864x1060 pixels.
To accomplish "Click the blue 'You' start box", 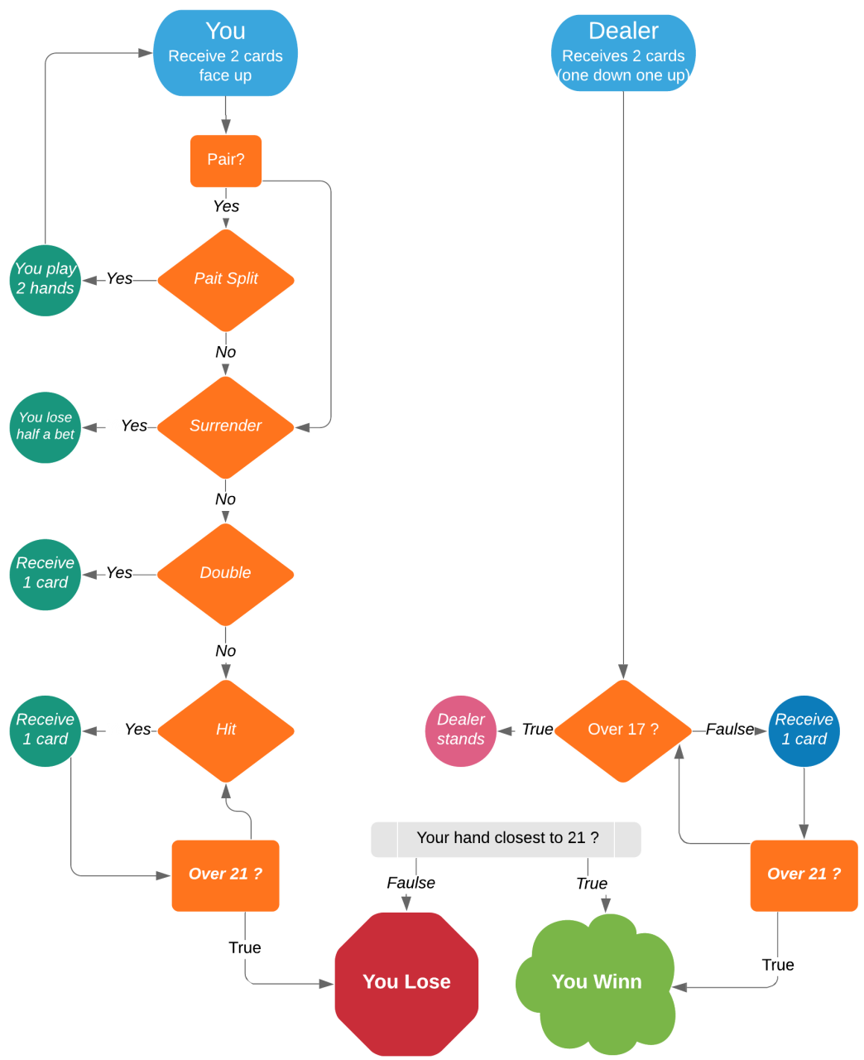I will (225, 53).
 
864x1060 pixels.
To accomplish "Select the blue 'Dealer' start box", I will (623, 53).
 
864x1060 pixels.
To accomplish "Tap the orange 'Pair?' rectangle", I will (226, 161).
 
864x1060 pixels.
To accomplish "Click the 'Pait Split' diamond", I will (226, 280).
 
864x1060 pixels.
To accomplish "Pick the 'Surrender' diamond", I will (226, 426).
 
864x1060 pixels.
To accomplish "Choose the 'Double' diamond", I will (226, 574).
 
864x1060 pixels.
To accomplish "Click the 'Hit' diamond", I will (226, 730).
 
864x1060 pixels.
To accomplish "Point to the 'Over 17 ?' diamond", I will (623, 730).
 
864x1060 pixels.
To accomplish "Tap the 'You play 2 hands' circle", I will (46, 280).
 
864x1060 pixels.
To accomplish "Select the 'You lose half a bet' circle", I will (46, 426).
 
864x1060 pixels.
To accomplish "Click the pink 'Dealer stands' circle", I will (461, 730).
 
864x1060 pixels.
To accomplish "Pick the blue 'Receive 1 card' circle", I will (804, 730).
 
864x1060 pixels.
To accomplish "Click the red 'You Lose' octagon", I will (406, 983).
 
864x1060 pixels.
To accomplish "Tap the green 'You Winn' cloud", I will (597, 983).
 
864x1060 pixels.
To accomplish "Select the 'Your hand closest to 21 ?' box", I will (506, 839).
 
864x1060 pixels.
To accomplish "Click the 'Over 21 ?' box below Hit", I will (225, 875).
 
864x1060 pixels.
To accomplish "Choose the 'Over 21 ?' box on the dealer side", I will (804, 875).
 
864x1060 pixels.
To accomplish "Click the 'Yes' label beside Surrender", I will (118, 426).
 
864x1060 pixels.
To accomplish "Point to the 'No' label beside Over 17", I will (525, 730).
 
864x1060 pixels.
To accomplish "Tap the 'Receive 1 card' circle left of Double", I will (46, 574).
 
